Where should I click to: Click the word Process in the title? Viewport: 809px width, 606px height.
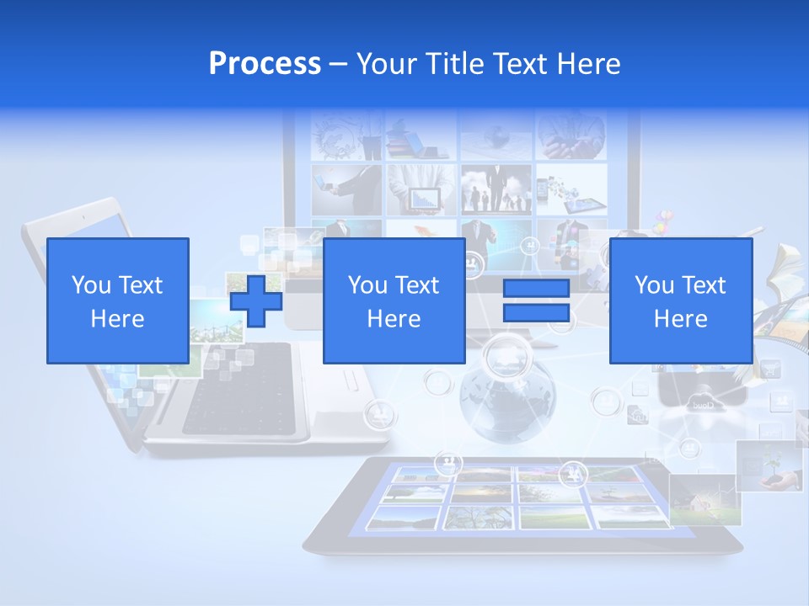click(x=265, y=63)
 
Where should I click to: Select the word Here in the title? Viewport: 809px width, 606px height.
click(x=587, y=63)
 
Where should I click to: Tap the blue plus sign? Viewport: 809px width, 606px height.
click(x=256, y=300)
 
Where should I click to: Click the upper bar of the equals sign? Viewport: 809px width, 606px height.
click(x=536, y=289)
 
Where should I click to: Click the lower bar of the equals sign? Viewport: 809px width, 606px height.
click(x=536, y=312)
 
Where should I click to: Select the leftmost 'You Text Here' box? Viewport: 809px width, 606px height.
click(x=117, y=300)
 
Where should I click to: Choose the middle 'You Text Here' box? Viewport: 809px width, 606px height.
click(x=394, y=300)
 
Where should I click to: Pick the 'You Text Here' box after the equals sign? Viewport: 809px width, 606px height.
click(x=680, y=300)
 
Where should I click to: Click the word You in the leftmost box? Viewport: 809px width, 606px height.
click(x=91, y=284)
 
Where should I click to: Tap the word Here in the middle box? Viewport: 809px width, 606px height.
click(x=394, y=318)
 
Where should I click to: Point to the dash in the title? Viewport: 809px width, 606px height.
click(x=339, y=64)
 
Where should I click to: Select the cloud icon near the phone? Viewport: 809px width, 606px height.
click(x=701, y=402)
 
